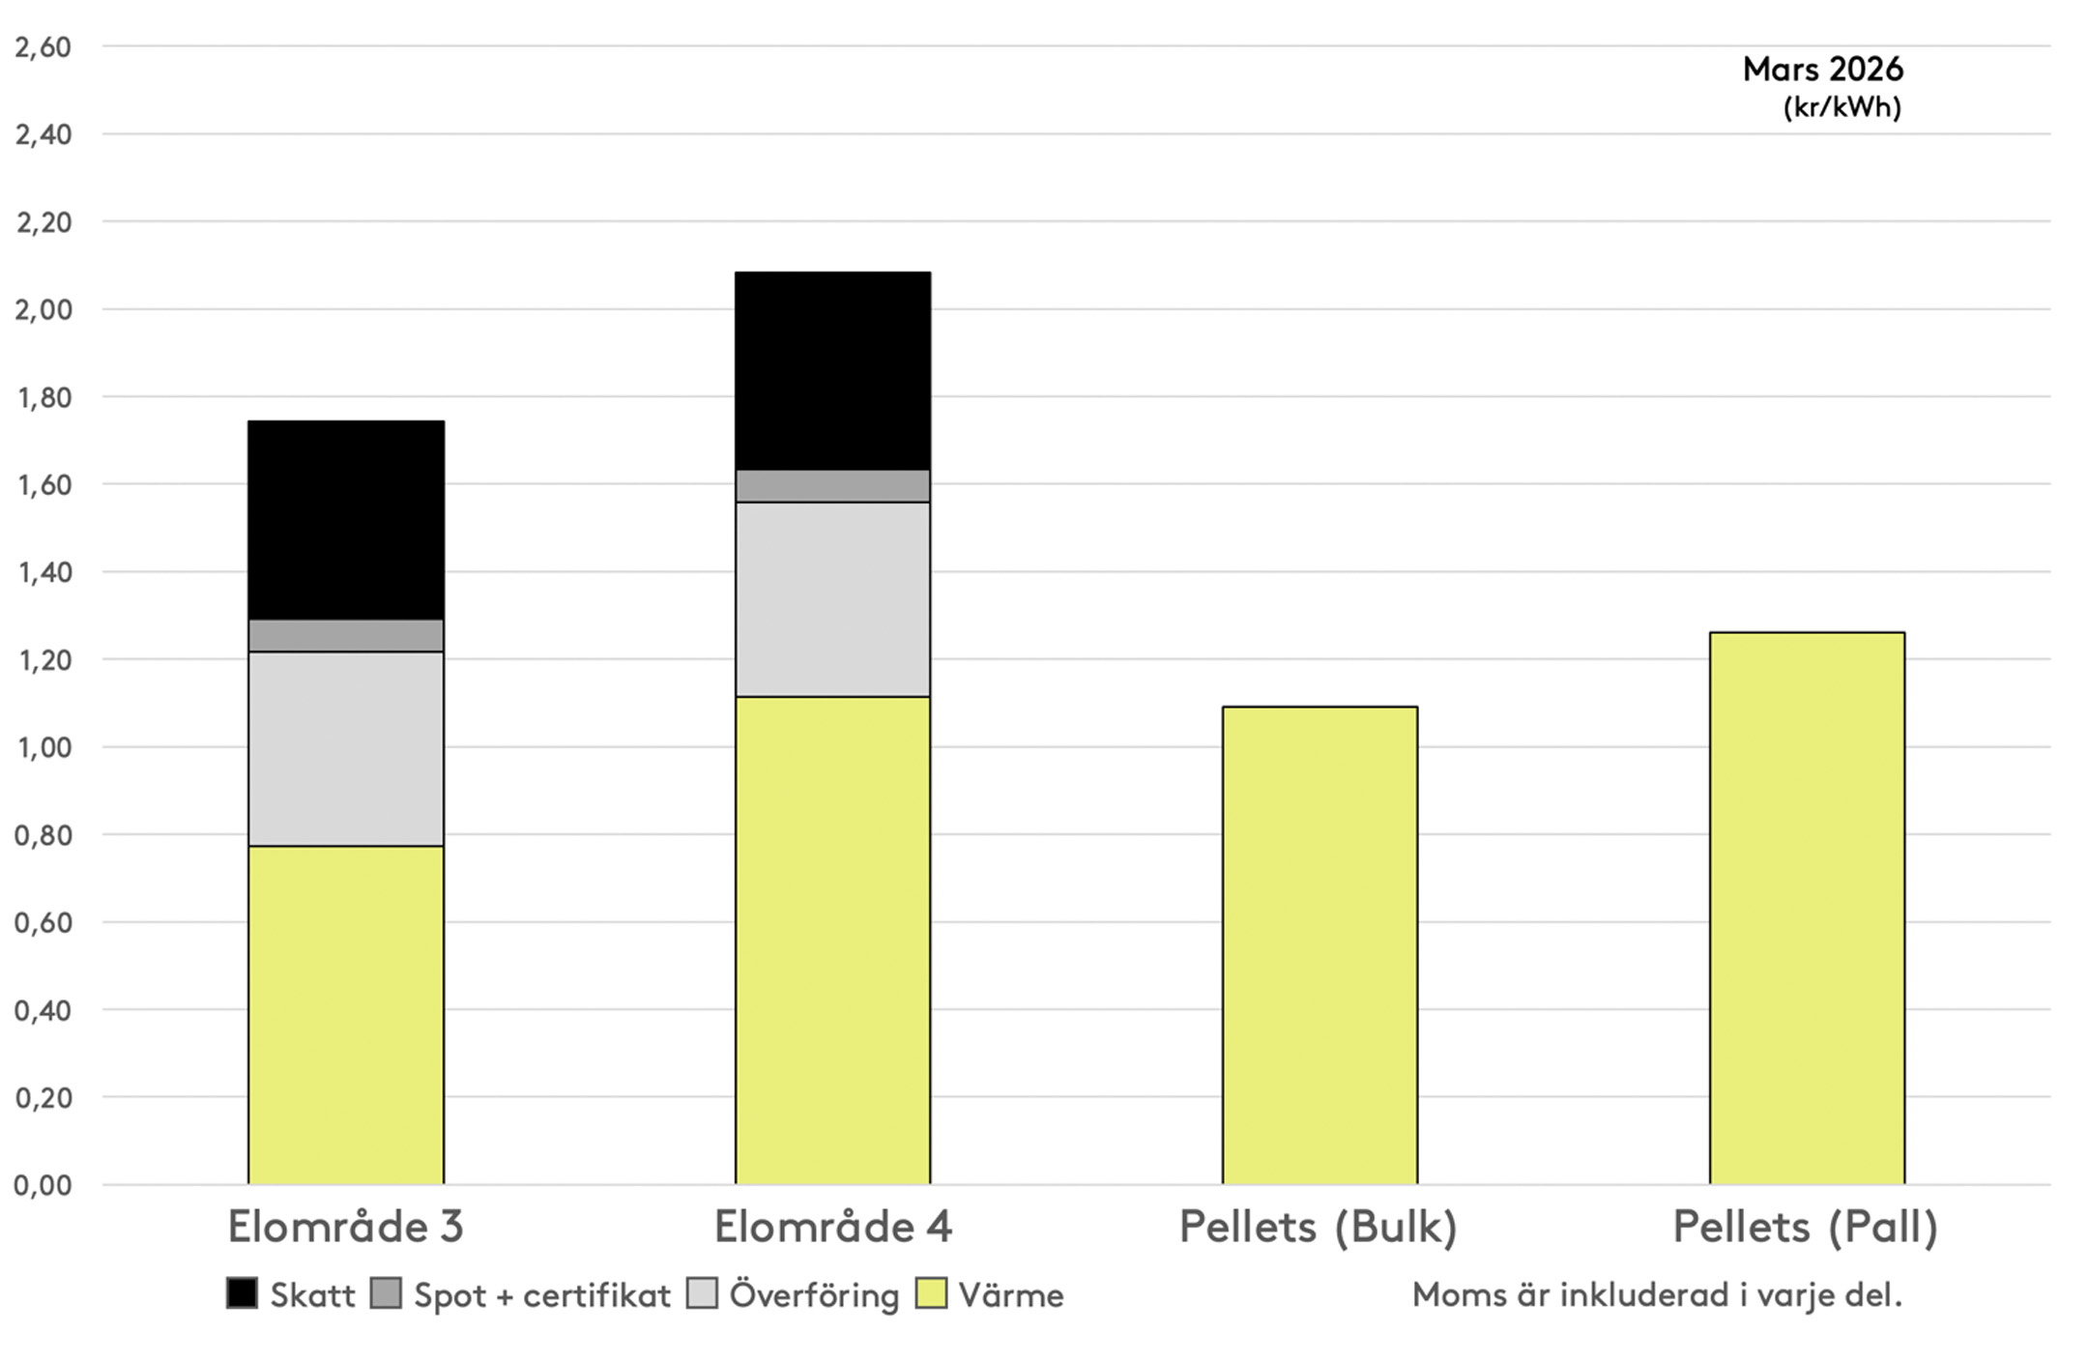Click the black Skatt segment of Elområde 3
[346, 519]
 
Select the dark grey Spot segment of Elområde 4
[832, 486]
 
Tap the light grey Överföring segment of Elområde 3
[346, 748]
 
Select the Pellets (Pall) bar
[1807, 908]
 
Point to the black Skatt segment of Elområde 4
[832, 370]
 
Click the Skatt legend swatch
[242, 1293]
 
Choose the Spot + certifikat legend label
[542, 1295]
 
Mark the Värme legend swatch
[932, 1293]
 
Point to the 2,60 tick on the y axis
[43, 47]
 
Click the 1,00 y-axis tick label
[43, 747]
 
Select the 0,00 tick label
[43, 1185]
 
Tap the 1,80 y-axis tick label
[43, 397]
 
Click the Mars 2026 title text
[1822, 70]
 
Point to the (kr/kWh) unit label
[1841, 107]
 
